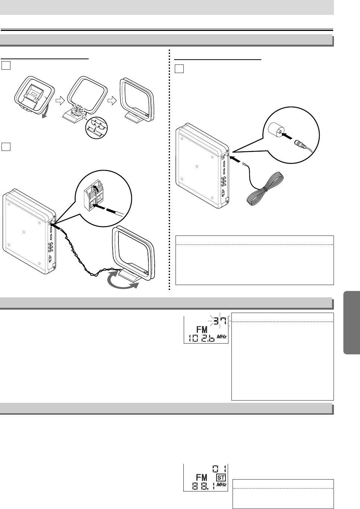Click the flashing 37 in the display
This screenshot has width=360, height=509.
(x=220, y=320)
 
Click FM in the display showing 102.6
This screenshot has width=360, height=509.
(x=202, y=330)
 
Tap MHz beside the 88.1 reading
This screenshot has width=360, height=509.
(x=222, y=485)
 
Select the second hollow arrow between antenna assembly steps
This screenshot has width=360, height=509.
(x=112, y=101)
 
